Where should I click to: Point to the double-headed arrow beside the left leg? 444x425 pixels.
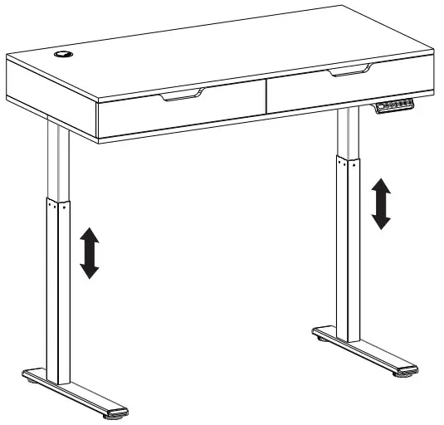click(89, 255)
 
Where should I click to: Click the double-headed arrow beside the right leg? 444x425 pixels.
click(381, 203)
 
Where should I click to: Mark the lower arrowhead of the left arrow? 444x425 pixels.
click(89, 271)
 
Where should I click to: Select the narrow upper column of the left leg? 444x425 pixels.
click(56, 162)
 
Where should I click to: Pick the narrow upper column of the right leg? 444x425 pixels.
click(347, 133)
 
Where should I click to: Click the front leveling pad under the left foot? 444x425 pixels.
click(116, 412)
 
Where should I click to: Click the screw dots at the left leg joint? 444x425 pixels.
click(56, 204)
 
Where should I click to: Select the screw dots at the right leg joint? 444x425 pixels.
click(347, 162)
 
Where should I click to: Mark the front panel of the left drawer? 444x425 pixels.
click(183, 116)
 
